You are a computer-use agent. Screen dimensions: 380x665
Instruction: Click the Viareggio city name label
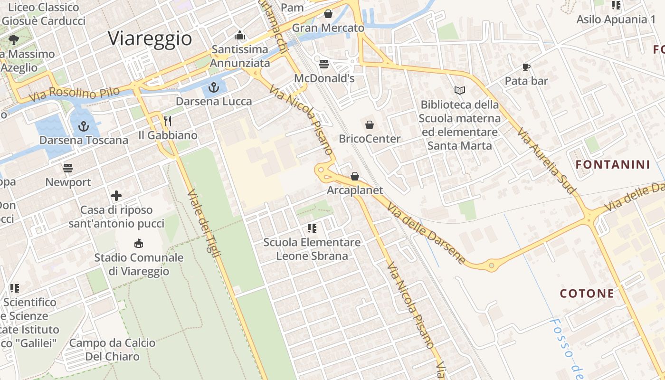pos(150,38)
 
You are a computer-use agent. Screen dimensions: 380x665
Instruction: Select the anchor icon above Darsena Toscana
pos(84,126)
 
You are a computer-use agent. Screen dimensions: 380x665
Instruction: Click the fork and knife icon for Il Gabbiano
pos(167,121)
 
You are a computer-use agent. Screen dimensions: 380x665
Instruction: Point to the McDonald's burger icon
pos(324,64)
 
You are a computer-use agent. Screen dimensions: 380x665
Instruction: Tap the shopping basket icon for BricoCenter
pos(369,125)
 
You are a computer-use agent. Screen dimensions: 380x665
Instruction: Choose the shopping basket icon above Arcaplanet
pos(354,176)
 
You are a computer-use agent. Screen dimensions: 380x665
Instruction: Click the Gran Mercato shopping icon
pos(328,14)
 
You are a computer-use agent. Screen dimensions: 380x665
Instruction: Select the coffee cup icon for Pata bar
pos(526,67)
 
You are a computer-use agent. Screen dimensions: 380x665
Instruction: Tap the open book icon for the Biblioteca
pos(459,90)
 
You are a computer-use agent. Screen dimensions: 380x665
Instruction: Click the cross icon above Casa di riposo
pos(116,196)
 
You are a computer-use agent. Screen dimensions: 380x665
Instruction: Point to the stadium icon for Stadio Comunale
pos(138,244)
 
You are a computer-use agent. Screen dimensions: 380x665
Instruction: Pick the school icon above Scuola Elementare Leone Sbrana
pos(312,228)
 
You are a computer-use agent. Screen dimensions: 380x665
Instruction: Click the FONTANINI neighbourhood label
pos(612,165)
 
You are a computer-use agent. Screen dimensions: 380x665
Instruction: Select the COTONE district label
pos(587,293)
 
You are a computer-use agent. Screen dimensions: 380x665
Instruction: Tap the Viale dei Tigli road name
pos(204,224)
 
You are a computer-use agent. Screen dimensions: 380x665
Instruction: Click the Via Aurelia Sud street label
pos(546,161)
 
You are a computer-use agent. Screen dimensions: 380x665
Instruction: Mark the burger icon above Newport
pos(68,168)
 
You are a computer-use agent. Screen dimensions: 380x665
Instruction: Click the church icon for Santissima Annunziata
pos(240,36)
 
